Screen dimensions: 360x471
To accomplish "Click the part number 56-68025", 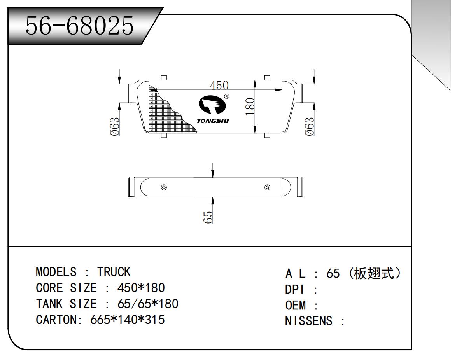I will click(x=79, y=26).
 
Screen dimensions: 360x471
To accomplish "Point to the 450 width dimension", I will click(x=219, y=85).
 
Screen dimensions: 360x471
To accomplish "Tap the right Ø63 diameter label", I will click(x=310, y=127).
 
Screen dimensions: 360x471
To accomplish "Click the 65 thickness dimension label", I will click(x=208, y=217).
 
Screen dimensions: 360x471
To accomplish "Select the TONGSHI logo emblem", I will click(x=211, y=105).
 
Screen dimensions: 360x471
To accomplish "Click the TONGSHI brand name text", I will click(x=213, y=121).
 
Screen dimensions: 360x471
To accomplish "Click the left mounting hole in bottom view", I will click(x=164, y=188).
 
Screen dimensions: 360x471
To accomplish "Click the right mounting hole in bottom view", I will click(x=267, y=188).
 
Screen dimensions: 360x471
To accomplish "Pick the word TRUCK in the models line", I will click(x=114, y=272).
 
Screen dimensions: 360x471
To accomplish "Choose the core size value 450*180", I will click(x=141, y=288).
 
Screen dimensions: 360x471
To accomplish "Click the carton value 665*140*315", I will click(x=128, y=320).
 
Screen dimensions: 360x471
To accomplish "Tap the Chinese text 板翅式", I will click(x=375, y=273).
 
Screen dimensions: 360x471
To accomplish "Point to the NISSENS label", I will click(x=309, y=321).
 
